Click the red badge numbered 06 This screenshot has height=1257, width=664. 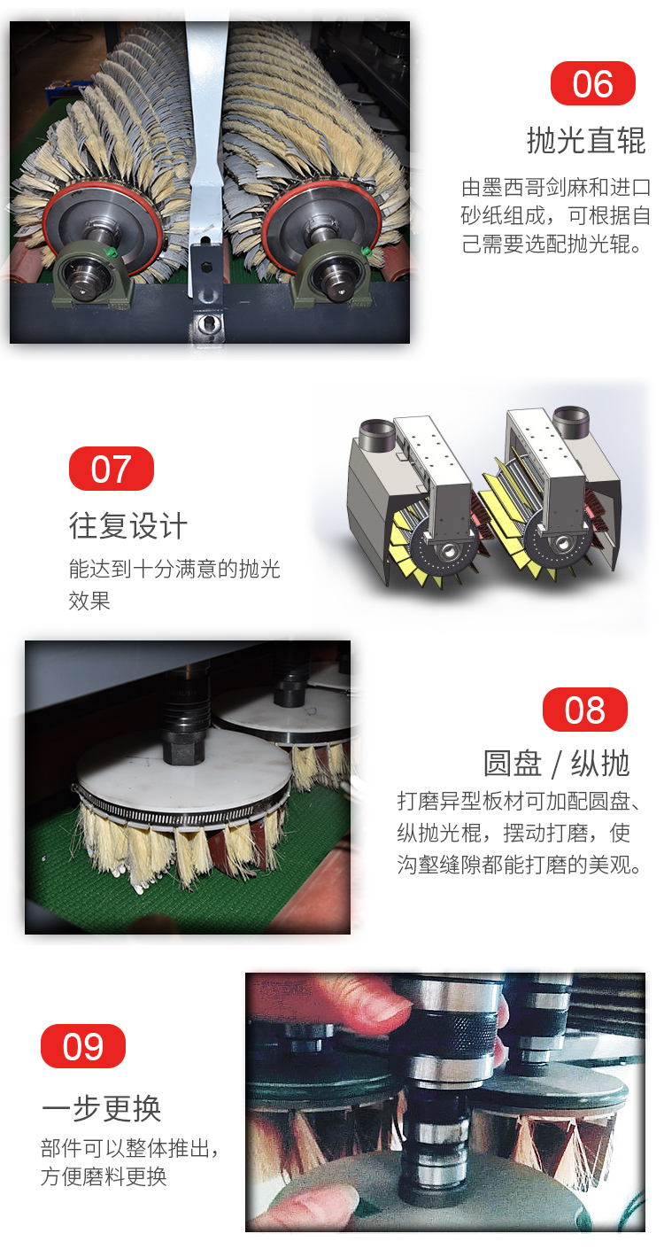coord(592,83)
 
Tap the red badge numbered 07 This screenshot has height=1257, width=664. coord(111,469)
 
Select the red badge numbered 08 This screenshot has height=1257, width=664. coord(584,710)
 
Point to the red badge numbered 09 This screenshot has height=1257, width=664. coord(83,1046)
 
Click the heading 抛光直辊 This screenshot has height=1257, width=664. coord(586,140)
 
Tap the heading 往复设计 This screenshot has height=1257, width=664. coord(127,526)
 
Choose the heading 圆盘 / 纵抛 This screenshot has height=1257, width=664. coord(556,764)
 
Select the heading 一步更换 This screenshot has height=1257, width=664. coord(101,1108)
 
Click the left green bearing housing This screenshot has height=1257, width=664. coord(91,276)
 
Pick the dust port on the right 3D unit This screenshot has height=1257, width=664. coord(571,422)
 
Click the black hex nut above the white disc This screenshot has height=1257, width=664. coord(183,749)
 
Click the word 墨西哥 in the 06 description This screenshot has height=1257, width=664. coord(513,188)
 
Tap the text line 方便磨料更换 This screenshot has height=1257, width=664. coord(104,1176)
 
